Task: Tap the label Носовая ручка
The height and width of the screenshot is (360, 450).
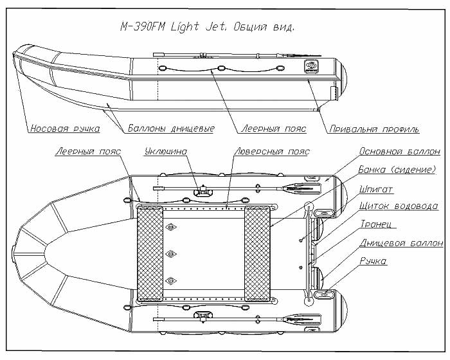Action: click(x=65, y=129)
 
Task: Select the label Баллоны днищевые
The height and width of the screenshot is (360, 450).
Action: click(x=171, y=129)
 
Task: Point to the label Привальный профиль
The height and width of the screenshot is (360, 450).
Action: click(x=374, y=129)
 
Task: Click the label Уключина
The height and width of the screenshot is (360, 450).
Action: click(x=166, y=151)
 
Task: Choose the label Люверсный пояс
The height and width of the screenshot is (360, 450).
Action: click(x=272, y=151)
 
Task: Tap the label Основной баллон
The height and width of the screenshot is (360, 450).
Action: click(x=399, y=151)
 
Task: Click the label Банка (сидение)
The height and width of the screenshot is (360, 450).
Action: click(x=397, y=170)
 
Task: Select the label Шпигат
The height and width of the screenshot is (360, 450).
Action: click(x=375, y=190)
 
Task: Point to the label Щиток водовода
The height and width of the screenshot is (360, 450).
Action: click(x=399, y=206)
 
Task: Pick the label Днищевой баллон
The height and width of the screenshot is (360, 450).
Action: click(x=401, y=243)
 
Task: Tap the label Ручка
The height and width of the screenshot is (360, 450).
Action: click(x=373, y=261)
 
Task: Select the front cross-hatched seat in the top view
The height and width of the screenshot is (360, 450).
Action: click(x=150, y=253)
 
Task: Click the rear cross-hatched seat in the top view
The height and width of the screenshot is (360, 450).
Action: click(x=257, y=253)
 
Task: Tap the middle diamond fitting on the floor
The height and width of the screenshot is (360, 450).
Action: click(x=171, y=254)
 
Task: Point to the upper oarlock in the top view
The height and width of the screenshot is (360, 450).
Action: click(x=204, y=191)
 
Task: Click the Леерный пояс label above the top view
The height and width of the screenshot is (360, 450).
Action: click(x=89, y=151)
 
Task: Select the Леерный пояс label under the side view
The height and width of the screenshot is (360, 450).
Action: click(x=273, y=129)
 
